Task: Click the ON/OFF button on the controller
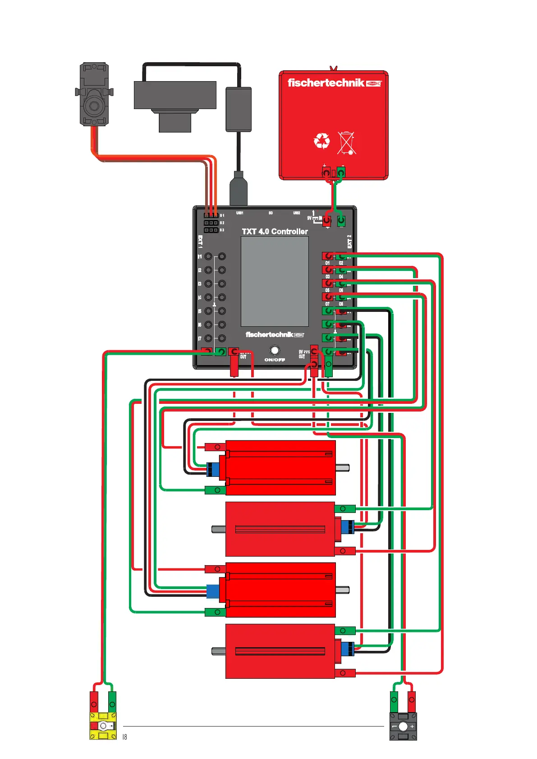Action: [274, 350]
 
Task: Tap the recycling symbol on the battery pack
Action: [321, 141]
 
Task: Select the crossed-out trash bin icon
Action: [346, 142]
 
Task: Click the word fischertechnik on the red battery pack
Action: [326, 82]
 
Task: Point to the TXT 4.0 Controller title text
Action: [275, 231]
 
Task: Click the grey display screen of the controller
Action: [275, 281]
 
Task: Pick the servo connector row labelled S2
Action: [211, 223]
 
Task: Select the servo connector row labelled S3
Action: [211, 230]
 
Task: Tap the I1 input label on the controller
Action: [200, 256]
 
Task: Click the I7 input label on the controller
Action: [200, 338]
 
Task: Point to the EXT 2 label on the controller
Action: [349, 241]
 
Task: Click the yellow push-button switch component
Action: [103, 726]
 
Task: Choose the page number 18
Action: [125, 737]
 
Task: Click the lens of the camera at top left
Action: [94, 105]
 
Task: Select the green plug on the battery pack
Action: [341, 173]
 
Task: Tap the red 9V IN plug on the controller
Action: [327, 221]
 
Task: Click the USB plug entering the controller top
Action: [239, 190]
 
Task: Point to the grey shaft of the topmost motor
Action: [342, 468]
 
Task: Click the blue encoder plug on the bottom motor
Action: [347, 649]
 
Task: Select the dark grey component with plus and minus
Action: [403, 726]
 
